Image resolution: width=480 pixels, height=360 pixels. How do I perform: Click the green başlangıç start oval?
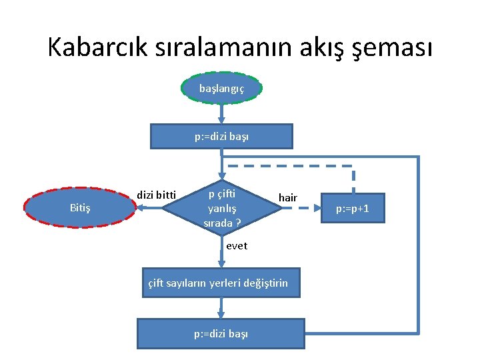coord(221,88)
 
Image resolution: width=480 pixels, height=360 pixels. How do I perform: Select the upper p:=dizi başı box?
coord(221,136)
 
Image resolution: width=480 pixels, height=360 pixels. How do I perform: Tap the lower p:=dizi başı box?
coord(221,333)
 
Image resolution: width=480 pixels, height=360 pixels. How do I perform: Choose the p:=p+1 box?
coord(353,209)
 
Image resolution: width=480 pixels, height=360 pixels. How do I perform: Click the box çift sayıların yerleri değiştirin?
coord(218,283)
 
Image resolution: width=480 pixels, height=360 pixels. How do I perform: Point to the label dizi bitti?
coord(156,195)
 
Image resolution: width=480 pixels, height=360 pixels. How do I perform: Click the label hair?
coord(288,197)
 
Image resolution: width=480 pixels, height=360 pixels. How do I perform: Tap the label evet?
coord(237,245)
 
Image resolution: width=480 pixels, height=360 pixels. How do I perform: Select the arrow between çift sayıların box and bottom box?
coord(221,308)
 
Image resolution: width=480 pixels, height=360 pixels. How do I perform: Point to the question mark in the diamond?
coord(238,223)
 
